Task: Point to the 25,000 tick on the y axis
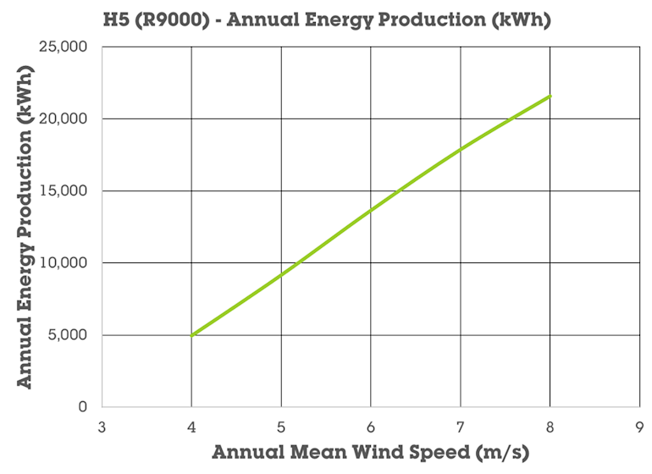pos(64,47)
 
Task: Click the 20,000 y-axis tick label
pos(64,118)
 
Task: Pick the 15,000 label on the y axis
pos(64,190)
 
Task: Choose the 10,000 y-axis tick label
pos(64,262)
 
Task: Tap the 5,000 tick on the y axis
pos(68,334)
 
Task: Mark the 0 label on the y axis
pos(82,406)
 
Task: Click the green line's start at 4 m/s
pos(192,335)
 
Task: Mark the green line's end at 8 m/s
pos(550,96)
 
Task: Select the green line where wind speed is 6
pos(371,210)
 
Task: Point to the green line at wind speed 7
pos(461,149)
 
